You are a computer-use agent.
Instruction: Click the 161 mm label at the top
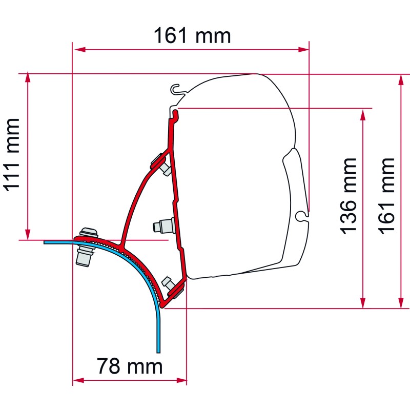click(192, 36)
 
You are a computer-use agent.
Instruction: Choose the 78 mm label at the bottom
click(129, 367)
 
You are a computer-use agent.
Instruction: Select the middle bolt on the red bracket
click(164, 224)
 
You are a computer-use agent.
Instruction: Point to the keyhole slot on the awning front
click(302, 214)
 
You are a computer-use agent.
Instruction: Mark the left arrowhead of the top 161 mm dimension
click(77, 50)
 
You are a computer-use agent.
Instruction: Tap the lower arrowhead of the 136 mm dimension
click(363, 304)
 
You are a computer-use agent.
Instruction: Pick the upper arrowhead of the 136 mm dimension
click(363, 112)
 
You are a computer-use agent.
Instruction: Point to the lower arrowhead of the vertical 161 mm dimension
click(400, 304)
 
